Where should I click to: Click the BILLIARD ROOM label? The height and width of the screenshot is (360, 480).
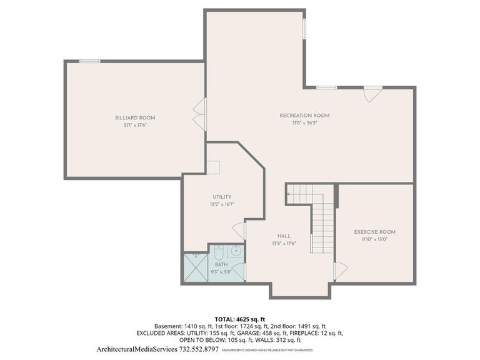click(x=135, y=117)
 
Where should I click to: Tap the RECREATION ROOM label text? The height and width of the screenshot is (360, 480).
click(x=304, y=116)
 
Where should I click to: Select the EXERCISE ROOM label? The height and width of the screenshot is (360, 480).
click(x=374, y=232)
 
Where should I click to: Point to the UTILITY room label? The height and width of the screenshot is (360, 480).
click(x=221, y=197)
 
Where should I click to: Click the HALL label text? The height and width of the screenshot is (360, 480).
click(x=284, y=236)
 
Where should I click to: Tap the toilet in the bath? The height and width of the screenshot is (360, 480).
click(x=218, y=252)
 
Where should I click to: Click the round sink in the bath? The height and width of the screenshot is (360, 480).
click(x=236, y=252)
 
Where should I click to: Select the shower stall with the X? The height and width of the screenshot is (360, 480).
click(x=196, y=267)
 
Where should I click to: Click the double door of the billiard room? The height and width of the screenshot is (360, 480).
click(x=200, y=114)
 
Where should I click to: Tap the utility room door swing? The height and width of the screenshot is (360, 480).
click(x=239, y=230)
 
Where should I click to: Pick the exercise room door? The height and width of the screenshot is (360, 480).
click(x=340, y=271)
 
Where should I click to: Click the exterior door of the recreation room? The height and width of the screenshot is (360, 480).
click(x=372, y=94)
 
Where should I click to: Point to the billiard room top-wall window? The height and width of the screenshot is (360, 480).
click(x=89, y=61)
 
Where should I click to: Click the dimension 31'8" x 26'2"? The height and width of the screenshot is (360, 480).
click(x=304, y=123)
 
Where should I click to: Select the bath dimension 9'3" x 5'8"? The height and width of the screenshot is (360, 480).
click(x=222, y=272)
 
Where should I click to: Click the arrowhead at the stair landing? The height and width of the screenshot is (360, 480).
click(x=288, y=194)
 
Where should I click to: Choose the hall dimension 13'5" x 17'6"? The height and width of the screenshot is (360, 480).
click(x=284, y=244)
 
